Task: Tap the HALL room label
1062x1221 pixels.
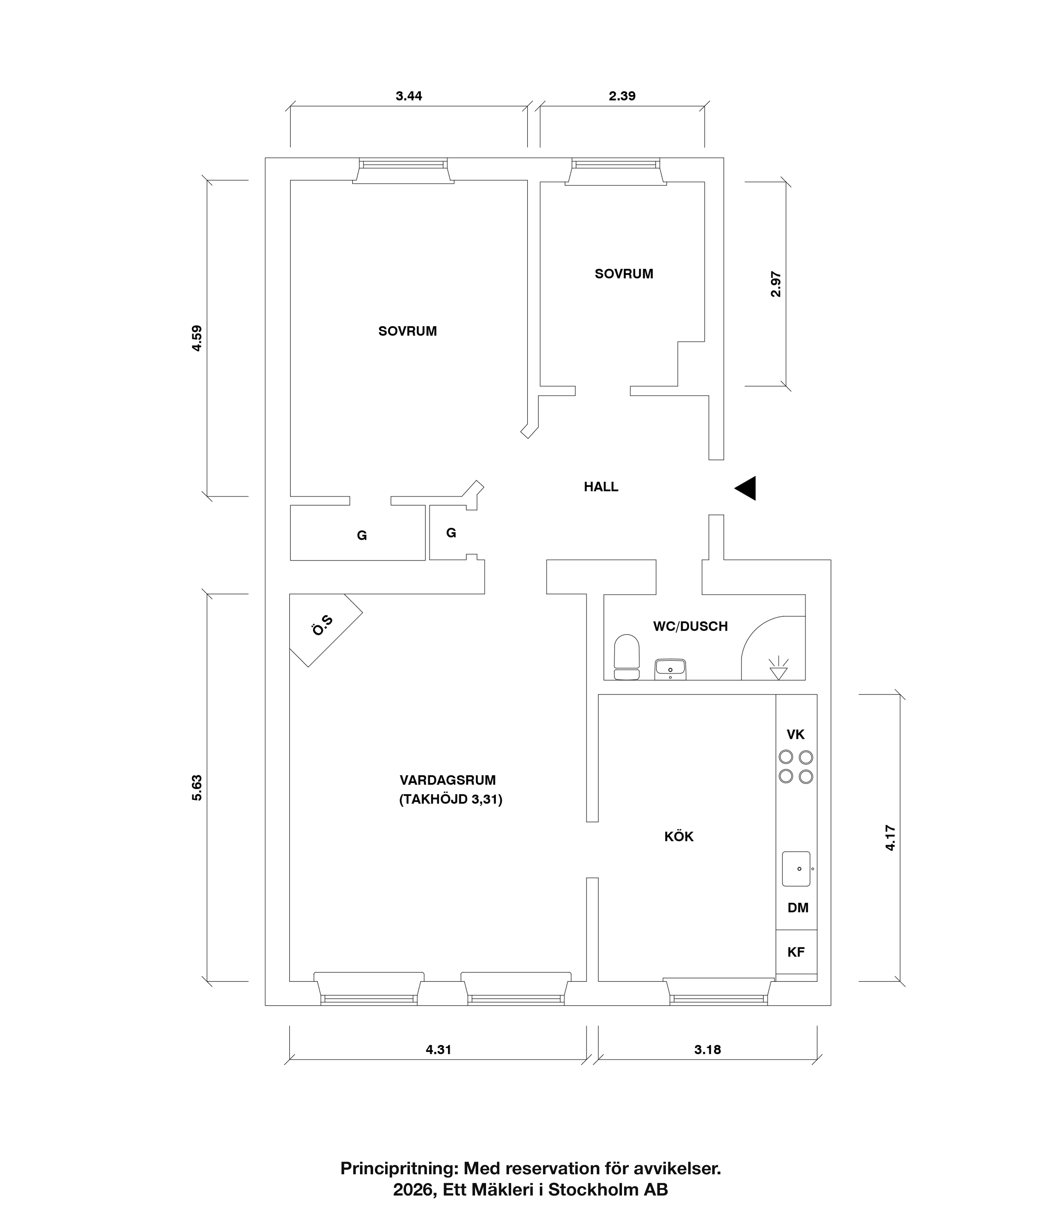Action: [601, 487]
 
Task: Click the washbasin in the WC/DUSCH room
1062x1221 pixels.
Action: [670, 669]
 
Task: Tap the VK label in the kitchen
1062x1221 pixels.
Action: [795, 735]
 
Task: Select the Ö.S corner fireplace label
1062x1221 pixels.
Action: [323, 626]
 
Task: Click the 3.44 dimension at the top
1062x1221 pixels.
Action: [409, 96]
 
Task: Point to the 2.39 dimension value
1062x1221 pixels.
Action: [622, 96]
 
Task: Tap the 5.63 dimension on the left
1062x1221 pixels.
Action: [197, 788]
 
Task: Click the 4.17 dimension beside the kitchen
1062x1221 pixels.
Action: [890, 838]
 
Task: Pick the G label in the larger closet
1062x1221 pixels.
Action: [361, 535]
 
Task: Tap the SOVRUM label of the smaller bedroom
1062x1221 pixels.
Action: [624, 274]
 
